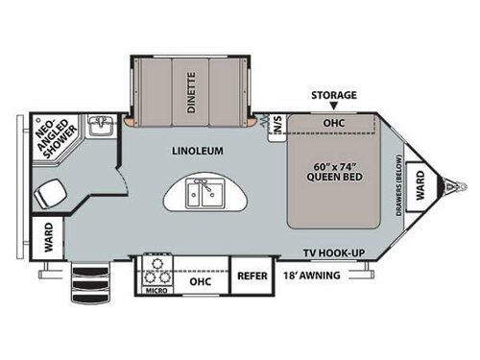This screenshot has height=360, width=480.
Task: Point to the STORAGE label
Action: [333, 95]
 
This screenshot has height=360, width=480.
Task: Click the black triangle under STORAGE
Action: [333, 108]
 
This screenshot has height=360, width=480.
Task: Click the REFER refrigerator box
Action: [252, 276]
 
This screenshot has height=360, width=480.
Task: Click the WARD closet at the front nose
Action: [419, 179]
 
